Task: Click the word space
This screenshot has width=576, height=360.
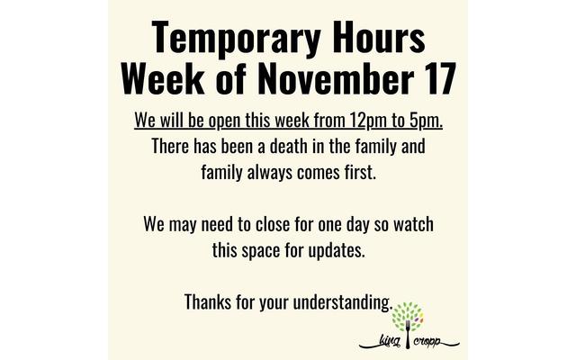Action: click(260, 251)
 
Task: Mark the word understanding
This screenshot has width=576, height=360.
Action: click(343, 302)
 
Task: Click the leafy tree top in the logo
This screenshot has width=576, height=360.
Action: click(408, 317)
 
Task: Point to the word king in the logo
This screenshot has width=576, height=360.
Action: click(390, 342)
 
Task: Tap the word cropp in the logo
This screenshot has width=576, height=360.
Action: click(427, 342)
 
